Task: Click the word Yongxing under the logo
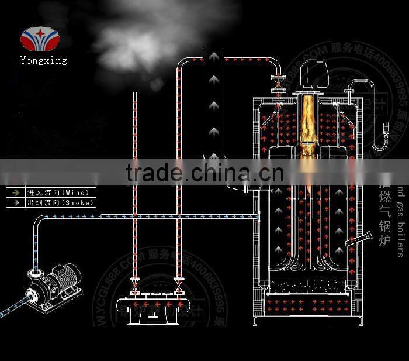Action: (43, 60)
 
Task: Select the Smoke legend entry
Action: (49, 203)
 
